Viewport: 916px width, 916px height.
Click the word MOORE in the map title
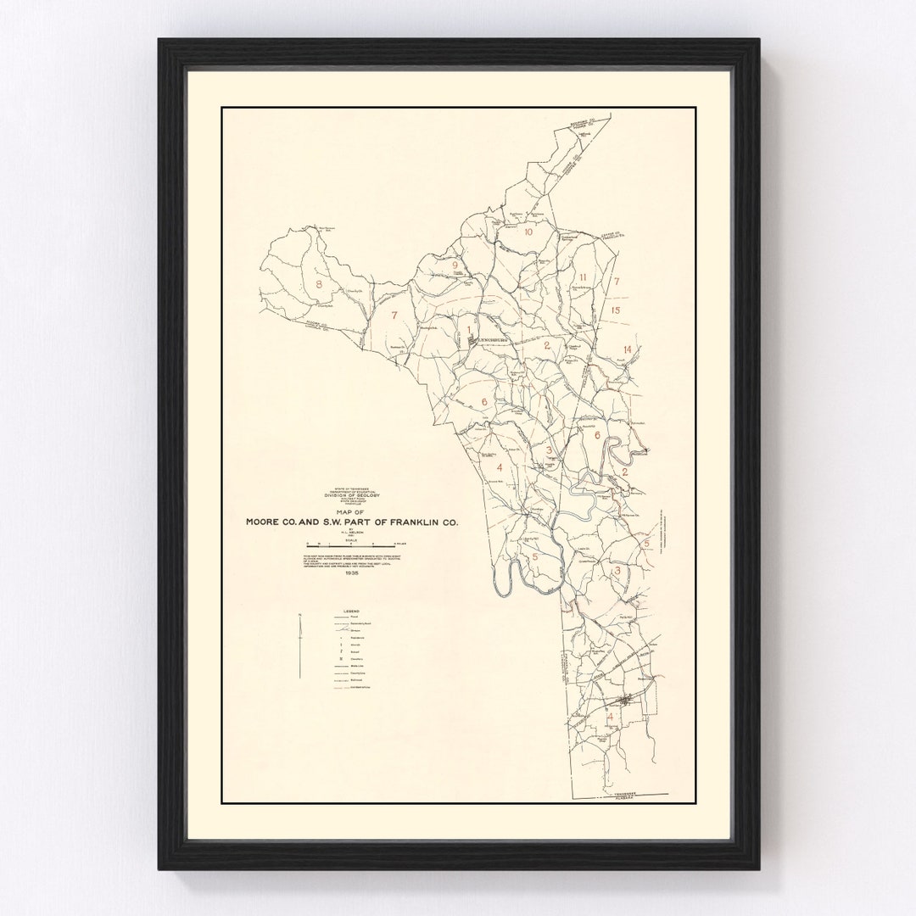tap(265, 522)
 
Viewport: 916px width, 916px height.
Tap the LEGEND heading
tap(352, 611)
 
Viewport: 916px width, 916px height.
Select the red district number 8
tap(319, 284)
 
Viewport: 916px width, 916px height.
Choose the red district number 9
tap(455, 265)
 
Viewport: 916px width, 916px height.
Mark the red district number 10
tap(528, 232)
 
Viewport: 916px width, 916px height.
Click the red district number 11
tap(584, 277)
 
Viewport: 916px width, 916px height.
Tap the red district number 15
tap(617, 311)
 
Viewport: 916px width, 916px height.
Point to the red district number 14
tap(627, 349)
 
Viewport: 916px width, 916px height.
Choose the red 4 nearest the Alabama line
tap(610, 717)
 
